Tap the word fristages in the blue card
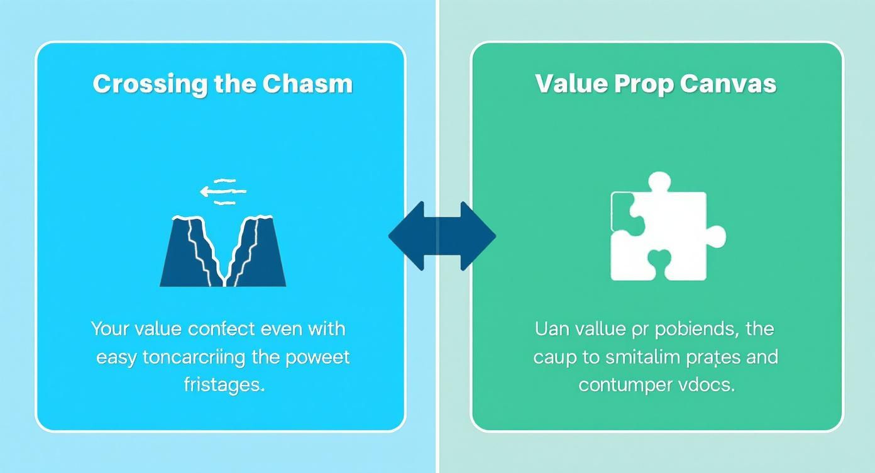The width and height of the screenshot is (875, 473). pyautogui.click(x=223, y=384)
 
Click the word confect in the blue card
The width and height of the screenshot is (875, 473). pyautogui.click(x=222, y=328)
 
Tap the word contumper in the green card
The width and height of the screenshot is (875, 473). pyautogui.click(x=625, y=384)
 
